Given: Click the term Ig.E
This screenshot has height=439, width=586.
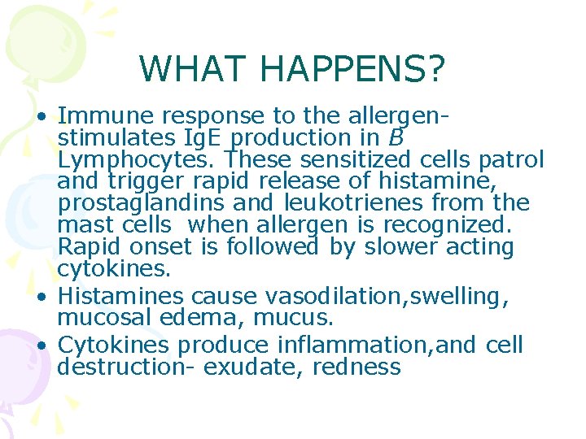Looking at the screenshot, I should coord(217,138).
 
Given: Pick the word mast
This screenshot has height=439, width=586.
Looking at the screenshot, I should coord(83,225).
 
